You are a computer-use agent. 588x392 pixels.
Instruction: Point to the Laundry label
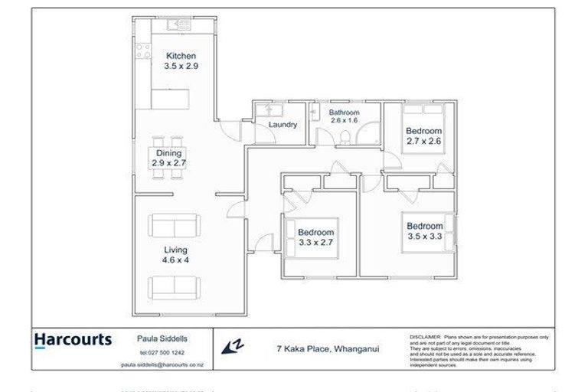(283, 124)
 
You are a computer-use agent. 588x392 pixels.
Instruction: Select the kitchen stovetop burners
(143, 51)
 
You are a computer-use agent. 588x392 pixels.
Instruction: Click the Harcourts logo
(73, 339)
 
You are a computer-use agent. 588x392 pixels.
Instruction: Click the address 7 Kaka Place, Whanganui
(328, 348)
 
